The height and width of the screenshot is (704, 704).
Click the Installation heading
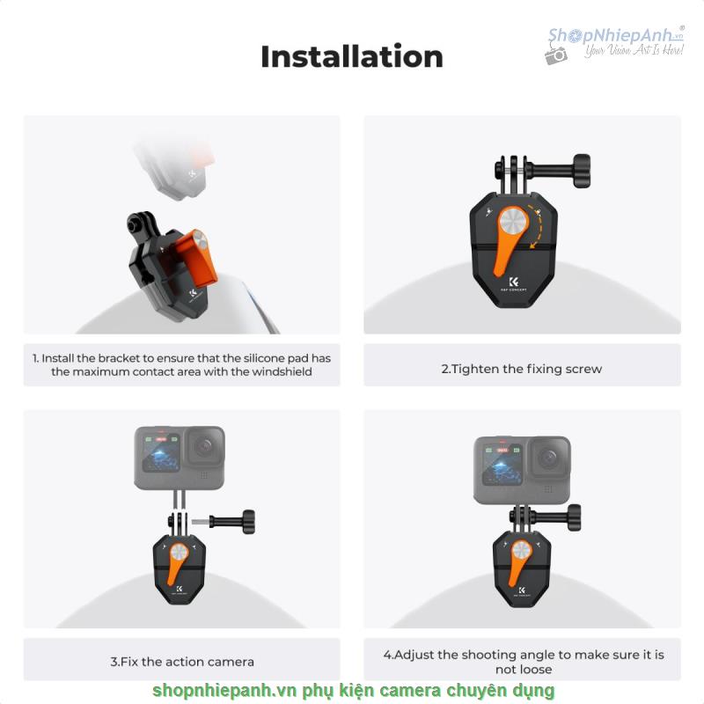(352, 56)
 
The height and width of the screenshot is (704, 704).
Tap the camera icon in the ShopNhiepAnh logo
(556, 55)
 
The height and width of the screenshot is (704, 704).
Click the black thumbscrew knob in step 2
(582, 171)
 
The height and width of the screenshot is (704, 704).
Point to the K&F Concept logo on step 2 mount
(514, 284)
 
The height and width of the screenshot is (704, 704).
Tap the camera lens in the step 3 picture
(205, 447)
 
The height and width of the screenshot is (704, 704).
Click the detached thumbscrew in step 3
(224, 522)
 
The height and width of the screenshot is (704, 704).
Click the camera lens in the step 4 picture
(548, 458)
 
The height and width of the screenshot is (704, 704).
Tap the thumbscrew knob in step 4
(575, 517)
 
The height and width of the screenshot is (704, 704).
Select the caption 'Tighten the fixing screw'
(521, 369)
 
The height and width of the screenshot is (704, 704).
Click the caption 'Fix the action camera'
(182, 662)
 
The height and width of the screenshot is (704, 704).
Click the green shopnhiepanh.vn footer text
(354, 691)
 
